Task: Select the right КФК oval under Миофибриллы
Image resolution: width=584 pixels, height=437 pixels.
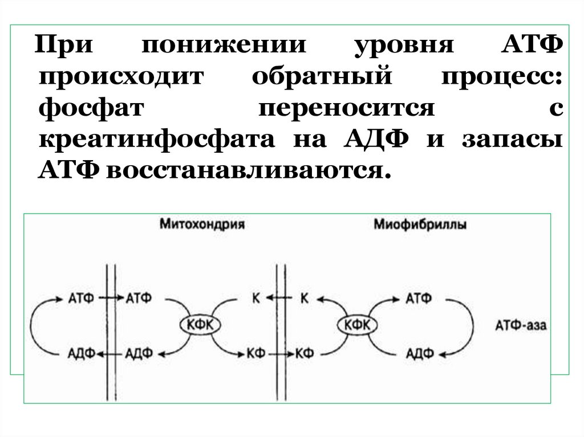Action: click(x=358, y=325)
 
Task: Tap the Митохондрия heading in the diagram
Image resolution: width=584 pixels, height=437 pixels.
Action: click(x=202, y=224)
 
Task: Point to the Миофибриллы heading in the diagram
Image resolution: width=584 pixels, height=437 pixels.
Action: click(x=420, y=224)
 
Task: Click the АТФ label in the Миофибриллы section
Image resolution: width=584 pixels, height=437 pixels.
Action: click(x=419, y=297)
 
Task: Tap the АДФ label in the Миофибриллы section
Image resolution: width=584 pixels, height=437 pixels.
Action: click(x=419, y=354)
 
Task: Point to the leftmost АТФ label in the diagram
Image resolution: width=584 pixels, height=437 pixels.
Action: click(x=82, y=297)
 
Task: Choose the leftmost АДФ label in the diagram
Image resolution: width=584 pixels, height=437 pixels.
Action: click(x=82, y=354)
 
